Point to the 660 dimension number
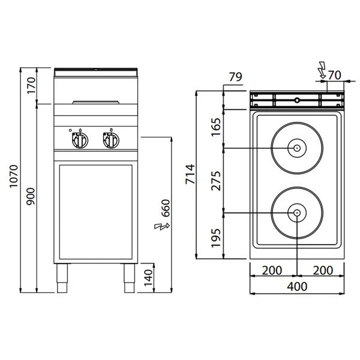[x=166, y=208]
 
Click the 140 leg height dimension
[x=148, y=278]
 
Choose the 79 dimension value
[x=235, y=76]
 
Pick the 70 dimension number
[x=335, y=75]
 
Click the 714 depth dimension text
[x=191, y=173]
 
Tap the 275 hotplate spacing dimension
[x=217, y=181]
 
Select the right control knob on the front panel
[x=110, y=140]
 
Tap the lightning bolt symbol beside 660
[x=160, y=226]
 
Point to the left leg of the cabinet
[x=62, y=278]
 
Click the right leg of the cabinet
[x=129, y=278]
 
